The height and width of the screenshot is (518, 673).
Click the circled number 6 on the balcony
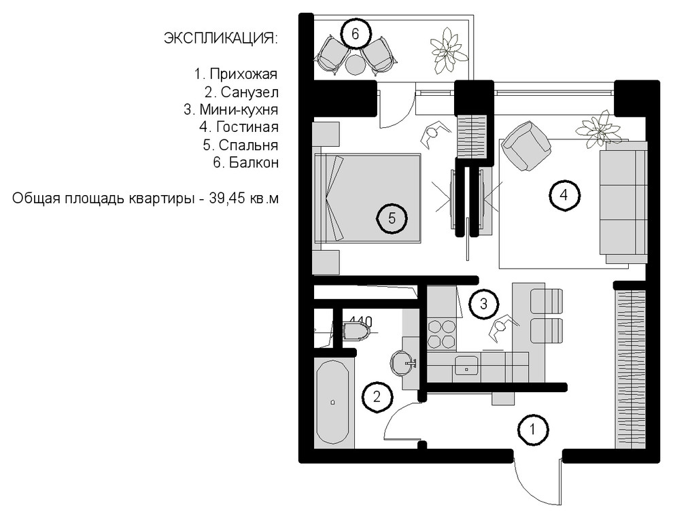pyautogui.click(x=355, y=33)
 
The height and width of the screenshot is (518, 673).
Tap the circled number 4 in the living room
pyautogui.click(x=564, y=195)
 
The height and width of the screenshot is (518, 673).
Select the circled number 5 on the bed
pyautogui.click(x=392, y=218)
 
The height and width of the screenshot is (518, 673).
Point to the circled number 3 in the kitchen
pyautogui.click(x=483, y=304)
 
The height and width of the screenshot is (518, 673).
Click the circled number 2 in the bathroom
pyautogui.click(x=377, y=396)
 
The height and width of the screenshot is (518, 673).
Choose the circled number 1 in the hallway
pyautogui.click(x=533, y=429)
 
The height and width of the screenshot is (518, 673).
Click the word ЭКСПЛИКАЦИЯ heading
pyautogui.click(x=221, y=39)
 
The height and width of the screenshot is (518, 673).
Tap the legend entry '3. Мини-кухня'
pyautogui.click(x=231, y=110)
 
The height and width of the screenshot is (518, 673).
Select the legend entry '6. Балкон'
pyautogui.click(x=246, y=162)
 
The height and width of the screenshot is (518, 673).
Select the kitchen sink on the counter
pyautogui.click(x=466, y=365)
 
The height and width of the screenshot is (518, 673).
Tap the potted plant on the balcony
pyautogui.click(x=449, y=50)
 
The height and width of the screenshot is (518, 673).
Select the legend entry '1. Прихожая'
pyautogui.click(x=236, y=74)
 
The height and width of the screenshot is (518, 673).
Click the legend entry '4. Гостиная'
pyautogui.click(x=239, y=127)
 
